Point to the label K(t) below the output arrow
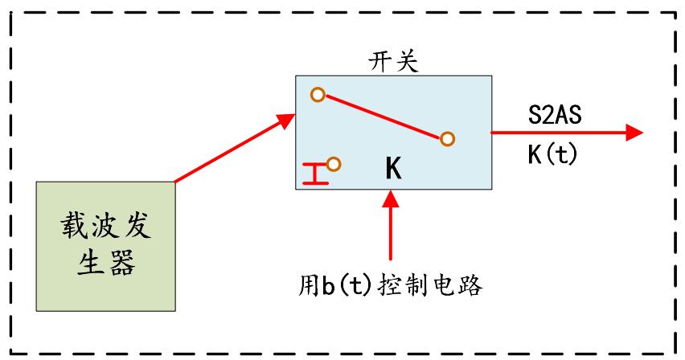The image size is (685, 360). pyautogui.click(x=552, y=153)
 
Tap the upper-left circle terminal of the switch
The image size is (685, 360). pyautogui.click(x=318, y=96)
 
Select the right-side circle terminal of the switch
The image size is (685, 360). pyautogui.click(x=446, y=139)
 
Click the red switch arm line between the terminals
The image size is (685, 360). pyautogui.click(x=382, y=117)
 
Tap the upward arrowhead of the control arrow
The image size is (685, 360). pyautogui.click(x=391, y=198)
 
